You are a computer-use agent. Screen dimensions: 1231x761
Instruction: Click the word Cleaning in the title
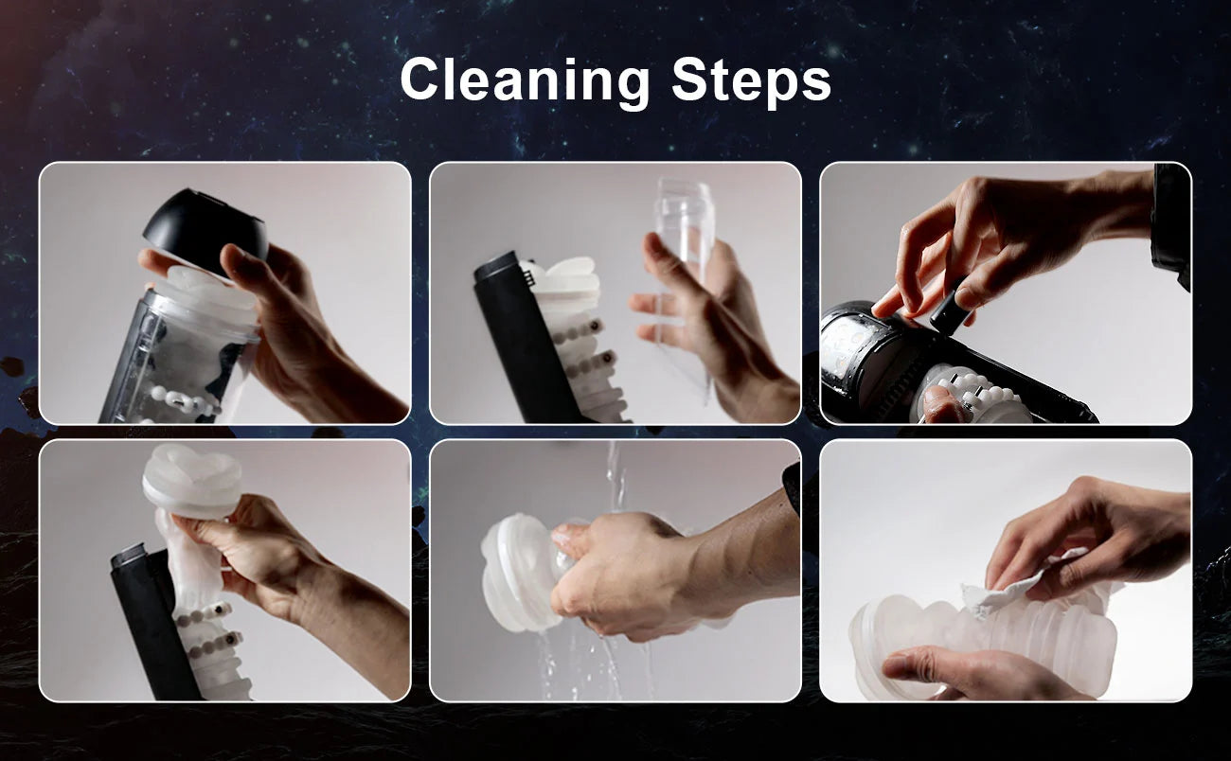[x=525, y=80]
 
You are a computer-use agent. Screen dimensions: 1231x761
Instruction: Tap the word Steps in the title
[x=751, y=80]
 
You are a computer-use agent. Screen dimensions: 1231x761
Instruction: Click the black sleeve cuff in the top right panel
[x=1170, y=225]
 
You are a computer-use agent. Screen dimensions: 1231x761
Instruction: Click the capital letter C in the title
[x=422, y=79]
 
